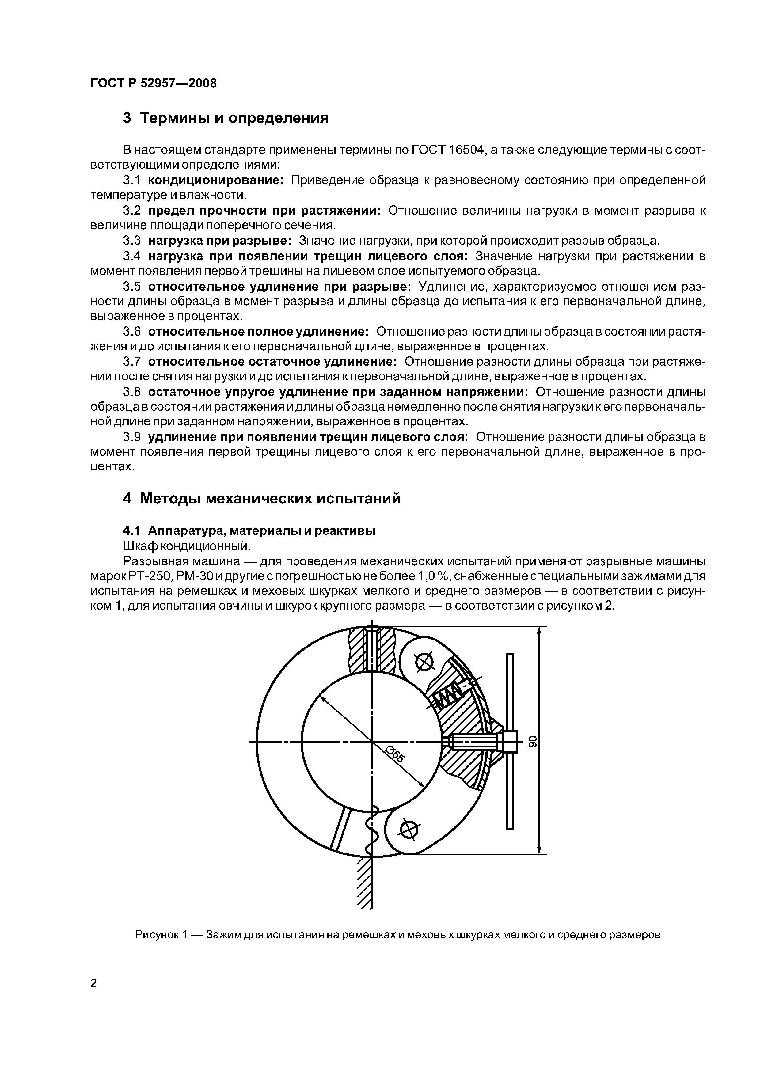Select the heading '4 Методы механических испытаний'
[x=261, y=498]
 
